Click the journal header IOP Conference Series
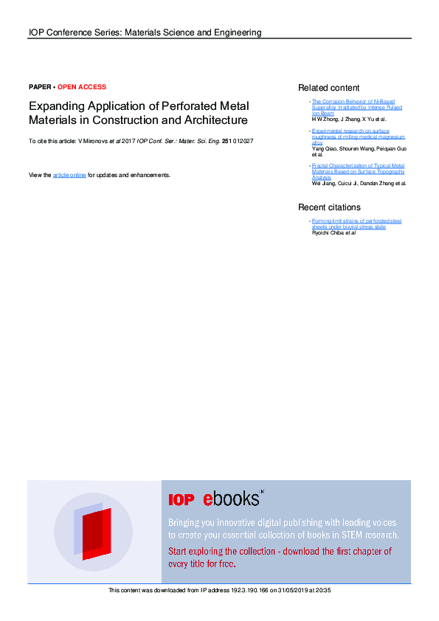click(145, 32)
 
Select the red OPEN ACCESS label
click(82, 87)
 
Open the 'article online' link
click(69, 175)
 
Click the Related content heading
click(328, 88)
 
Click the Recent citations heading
click(329, 207)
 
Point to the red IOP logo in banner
click(182, 500)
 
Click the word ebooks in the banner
click(232, 499)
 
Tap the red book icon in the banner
click(95, 532)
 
